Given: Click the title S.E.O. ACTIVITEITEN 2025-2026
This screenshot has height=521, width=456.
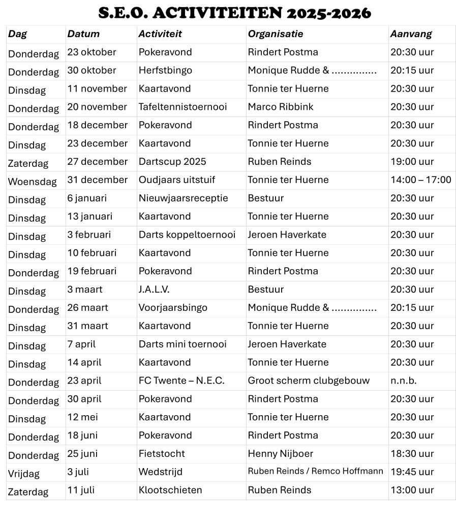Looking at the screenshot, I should (x=234, y=13).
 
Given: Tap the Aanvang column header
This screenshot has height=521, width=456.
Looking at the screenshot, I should (x=411, y=34).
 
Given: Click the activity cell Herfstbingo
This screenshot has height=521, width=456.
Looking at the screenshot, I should (x=165, y=70).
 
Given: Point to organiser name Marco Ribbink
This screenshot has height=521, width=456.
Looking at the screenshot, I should (x=281, y=107).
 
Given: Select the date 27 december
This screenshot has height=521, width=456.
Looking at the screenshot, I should (x=98, y=161).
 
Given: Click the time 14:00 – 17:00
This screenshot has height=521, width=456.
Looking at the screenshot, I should (x=420, y=180).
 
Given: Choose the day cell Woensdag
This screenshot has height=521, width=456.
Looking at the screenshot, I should (x=32, y=182).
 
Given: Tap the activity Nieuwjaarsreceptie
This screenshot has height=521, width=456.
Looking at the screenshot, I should (x=183, y=198).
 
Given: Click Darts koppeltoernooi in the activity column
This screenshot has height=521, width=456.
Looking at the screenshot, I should (x=187, y=235).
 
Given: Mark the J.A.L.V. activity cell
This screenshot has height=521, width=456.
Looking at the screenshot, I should (x=154, y=289).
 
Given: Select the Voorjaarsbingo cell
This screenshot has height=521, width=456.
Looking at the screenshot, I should (x=173, y=307).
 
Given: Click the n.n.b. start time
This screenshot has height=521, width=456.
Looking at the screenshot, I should (x=403, y=381).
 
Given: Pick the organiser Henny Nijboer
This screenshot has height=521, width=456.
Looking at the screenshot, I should (x=280, y=453).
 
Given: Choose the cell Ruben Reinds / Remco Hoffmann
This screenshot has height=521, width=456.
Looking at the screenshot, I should (x=315, y=471).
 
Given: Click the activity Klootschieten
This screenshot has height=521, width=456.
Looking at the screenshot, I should (x=170, y=490).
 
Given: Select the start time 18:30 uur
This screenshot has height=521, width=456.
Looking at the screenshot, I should (x=412, y=453).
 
